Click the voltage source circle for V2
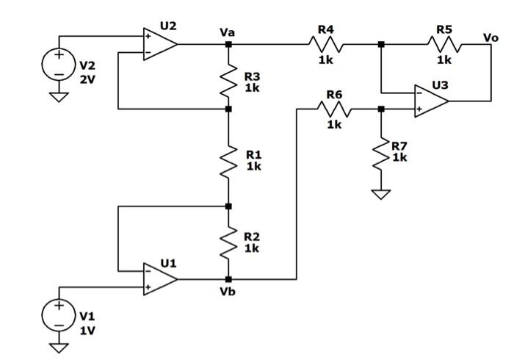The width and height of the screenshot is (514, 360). click(57, 65)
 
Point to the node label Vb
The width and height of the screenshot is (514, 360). click(227, 292)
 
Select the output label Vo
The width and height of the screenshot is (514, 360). click(491, 37)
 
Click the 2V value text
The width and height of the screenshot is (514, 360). click(87, 79)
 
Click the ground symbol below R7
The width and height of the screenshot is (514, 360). click(381, 194)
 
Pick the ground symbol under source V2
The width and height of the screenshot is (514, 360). click(57, 96)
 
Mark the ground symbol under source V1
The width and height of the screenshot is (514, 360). click(57, 347)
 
